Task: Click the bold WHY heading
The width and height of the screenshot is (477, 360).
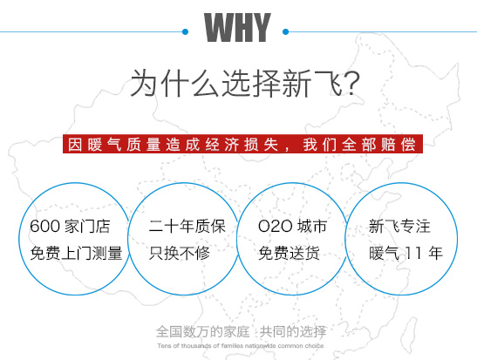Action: coord(237,28)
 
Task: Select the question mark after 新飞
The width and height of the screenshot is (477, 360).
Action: coord(349,84)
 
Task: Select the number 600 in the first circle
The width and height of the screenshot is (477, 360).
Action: coord(44,227)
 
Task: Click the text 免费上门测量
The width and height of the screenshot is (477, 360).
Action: coord(76,254)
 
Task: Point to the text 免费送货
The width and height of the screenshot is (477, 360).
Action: coord(289,254)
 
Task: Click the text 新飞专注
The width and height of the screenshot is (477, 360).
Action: coord(400,227)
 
